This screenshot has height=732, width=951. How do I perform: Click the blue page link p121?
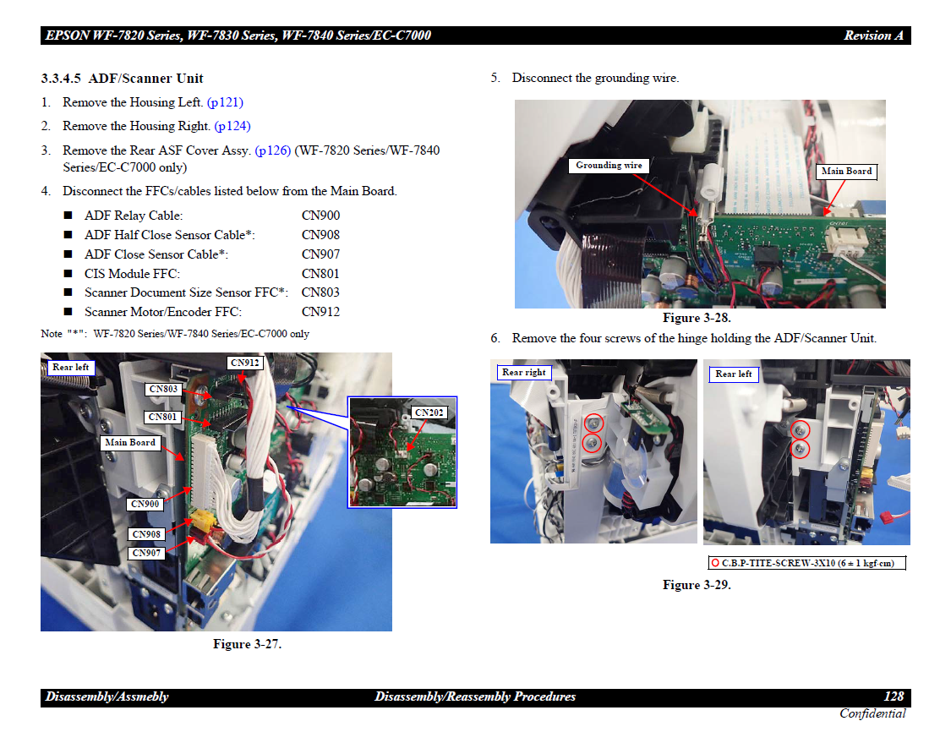pos(225,102)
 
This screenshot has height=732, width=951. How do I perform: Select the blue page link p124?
pos(232,126)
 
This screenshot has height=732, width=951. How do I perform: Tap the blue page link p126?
pos(273,150)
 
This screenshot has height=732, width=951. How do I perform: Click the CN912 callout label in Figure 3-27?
pos(245,363)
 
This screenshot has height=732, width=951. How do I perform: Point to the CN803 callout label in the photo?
pos(163,389)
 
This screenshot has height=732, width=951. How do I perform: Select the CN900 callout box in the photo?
pos(145,504)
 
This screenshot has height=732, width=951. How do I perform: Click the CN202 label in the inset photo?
pos(429,412)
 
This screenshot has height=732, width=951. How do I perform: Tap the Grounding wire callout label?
pos(609,166)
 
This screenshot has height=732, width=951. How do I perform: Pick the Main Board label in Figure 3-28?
pos(846,172)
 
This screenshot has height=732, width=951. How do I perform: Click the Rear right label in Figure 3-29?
pos(524,373)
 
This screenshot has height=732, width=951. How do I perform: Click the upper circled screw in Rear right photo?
pos(593,423)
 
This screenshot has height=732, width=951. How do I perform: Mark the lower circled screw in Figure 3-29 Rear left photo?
pos(801,450)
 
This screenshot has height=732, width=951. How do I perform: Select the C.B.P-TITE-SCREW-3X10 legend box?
pos(806,564)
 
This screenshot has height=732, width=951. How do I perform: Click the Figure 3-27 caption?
pos(247,644)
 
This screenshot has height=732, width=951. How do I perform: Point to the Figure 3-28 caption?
pos(697,318)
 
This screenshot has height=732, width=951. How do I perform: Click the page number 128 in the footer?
pos(894,696)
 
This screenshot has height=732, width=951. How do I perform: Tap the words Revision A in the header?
pos(873,36)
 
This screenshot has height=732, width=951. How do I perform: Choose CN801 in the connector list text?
pos(320,274)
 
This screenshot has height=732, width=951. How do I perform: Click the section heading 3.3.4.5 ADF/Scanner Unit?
pos(122,79)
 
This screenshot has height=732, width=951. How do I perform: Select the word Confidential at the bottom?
pos(872,713)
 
